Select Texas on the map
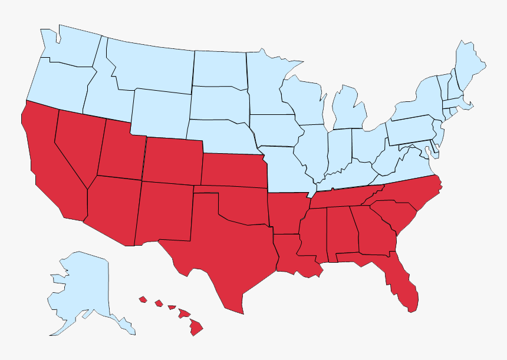pyautogui.click(x=224, y=253)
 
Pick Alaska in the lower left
pyautogui.click(x=83, y=289)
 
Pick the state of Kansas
pyautogui.click(x=233, y=171)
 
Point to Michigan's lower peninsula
pyautogui.click(x=348, y=109)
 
